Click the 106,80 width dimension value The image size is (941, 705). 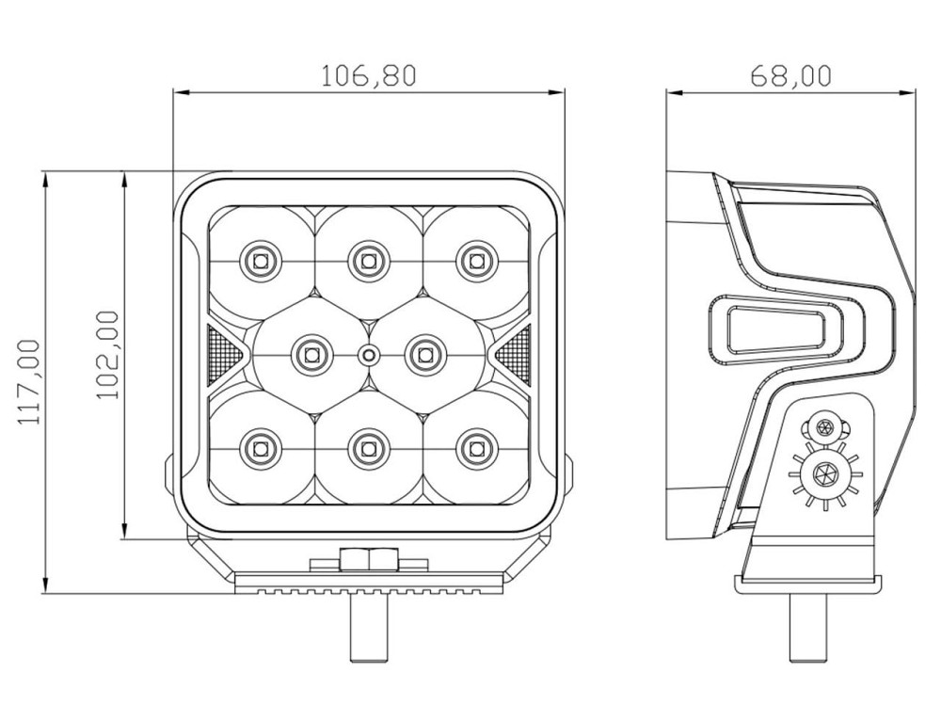[368, 75]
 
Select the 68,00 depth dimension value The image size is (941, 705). [790, 75]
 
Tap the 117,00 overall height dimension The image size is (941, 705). [30, 382]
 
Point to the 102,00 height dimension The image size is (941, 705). [108, 355]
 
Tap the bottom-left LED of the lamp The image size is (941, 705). [261, 447]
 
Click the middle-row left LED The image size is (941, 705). [310, 354]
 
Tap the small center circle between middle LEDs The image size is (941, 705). [369, 354]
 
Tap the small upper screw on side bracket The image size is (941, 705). [827, 427]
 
